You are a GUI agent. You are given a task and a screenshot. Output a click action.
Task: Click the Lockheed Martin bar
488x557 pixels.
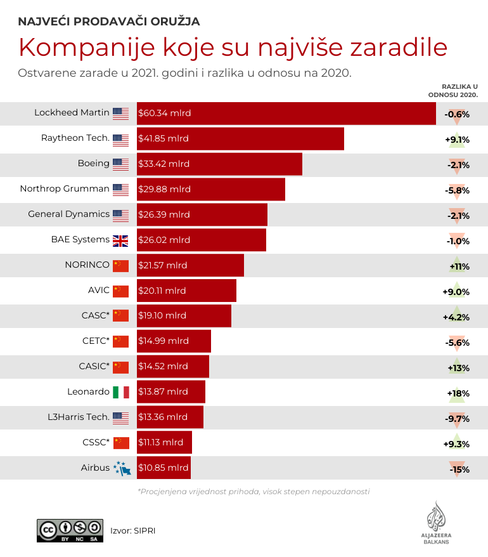[286, 114]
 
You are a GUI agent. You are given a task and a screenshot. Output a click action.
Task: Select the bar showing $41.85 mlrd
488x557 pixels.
[240, 139]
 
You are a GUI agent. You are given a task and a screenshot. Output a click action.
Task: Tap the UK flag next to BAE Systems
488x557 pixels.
[120, 240]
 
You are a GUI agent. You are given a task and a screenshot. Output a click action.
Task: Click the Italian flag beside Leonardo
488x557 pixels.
[120, 393]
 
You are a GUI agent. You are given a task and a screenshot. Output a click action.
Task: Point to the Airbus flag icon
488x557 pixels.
[120, 468]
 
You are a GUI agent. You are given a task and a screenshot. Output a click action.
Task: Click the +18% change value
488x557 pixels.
[458, 393]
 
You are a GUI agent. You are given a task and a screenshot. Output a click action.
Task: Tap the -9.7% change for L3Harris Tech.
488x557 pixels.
[457, 419]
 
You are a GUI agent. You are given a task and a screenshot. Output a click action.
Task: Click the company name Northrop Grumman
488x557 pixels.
[65, 189]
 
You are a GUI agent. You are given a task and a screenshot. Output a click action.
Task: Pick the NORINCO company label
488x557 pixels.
[87, 265]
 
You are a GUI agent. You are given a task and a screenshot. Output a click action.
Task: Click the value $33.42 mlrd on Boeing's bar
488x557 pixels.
[164, 164]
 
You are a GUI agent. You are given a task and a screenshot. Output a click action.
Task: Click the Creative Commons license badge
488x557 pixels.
[70, 530]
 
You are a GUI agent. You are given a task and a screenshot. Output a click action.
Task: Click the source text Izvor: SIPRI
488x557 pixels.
[133, 530]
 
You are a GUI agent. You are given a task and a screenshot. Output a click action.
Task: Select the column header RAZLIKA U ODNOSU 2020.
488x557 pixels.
[453, 90]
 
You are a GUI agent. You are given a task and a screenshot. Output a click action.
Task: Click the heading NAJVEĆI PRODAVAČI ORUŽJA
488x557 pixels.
[109, 22]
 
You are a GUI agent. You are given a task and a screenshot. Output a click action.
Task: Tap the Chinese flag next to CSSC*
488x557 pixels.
[120, 443]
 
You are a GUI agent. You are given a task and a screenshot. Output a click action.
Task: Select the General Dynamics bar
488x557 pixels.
[202, 214]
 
